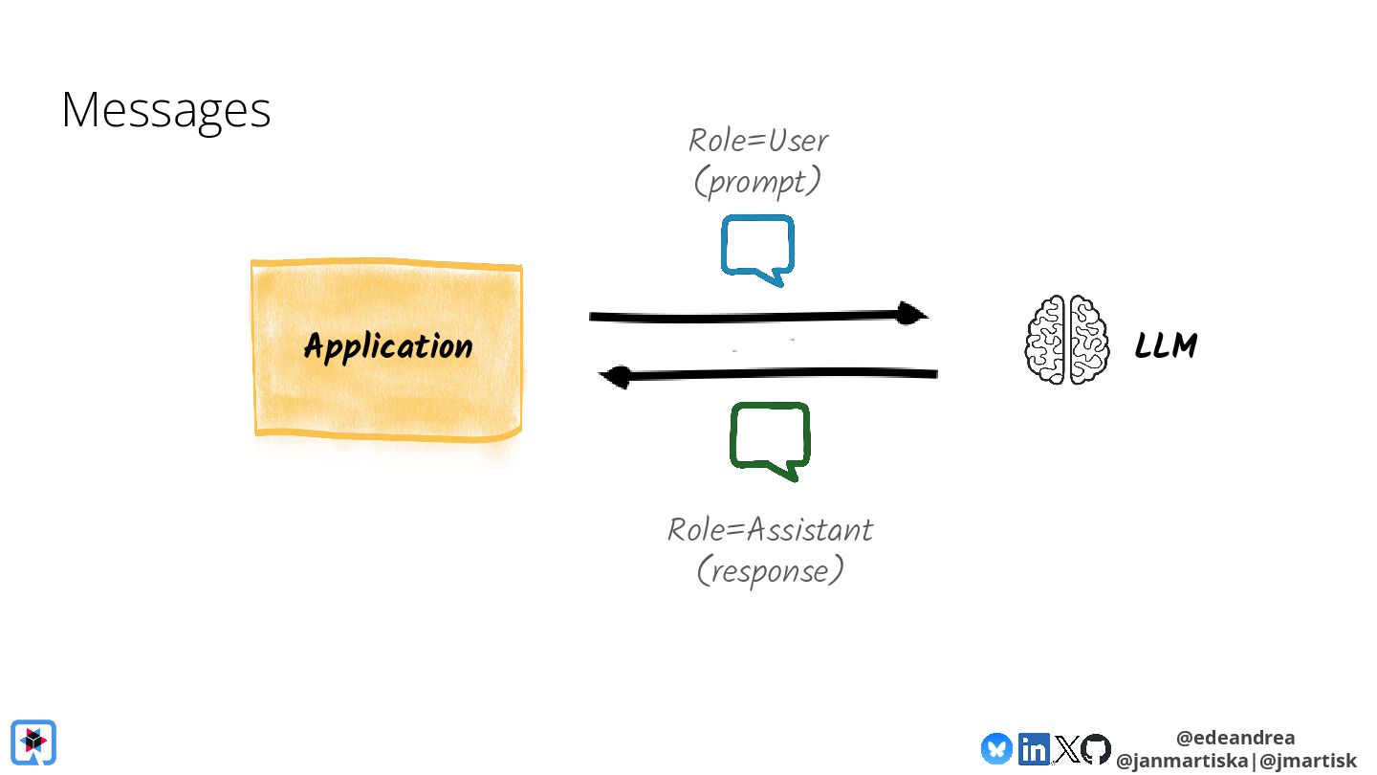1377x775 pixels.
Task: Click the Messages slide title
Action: point(166,110)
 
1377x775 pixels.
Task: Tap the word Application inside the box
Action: point(388,346)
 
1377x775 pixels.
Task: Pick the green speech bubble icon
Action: point(770,439)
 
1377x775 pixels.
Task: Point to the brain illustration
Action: point(1067,340)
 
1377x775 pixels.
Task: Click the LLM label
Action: point(1166,345)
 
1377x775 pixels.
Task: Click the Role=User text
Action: point(758,141)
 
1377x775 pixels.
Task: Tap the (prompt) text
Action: point(757,182)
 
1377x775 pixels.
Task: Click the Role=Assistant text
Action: point(770,529)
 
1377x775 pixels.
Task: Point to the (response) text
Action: point(770,571)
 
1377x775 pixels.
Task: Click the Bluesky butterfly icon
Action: point(996,747)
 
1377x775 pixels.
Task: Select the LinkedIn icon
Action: point(1034,748)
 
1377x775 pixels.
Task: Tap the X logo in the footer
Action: point(1066,748)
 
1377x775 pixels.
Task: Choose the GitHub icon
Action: point(1096,748)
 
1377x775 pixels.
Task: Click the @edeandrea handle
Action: point(1235,738)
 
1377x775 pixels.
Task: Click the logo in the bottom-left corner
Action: point(33,742)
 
